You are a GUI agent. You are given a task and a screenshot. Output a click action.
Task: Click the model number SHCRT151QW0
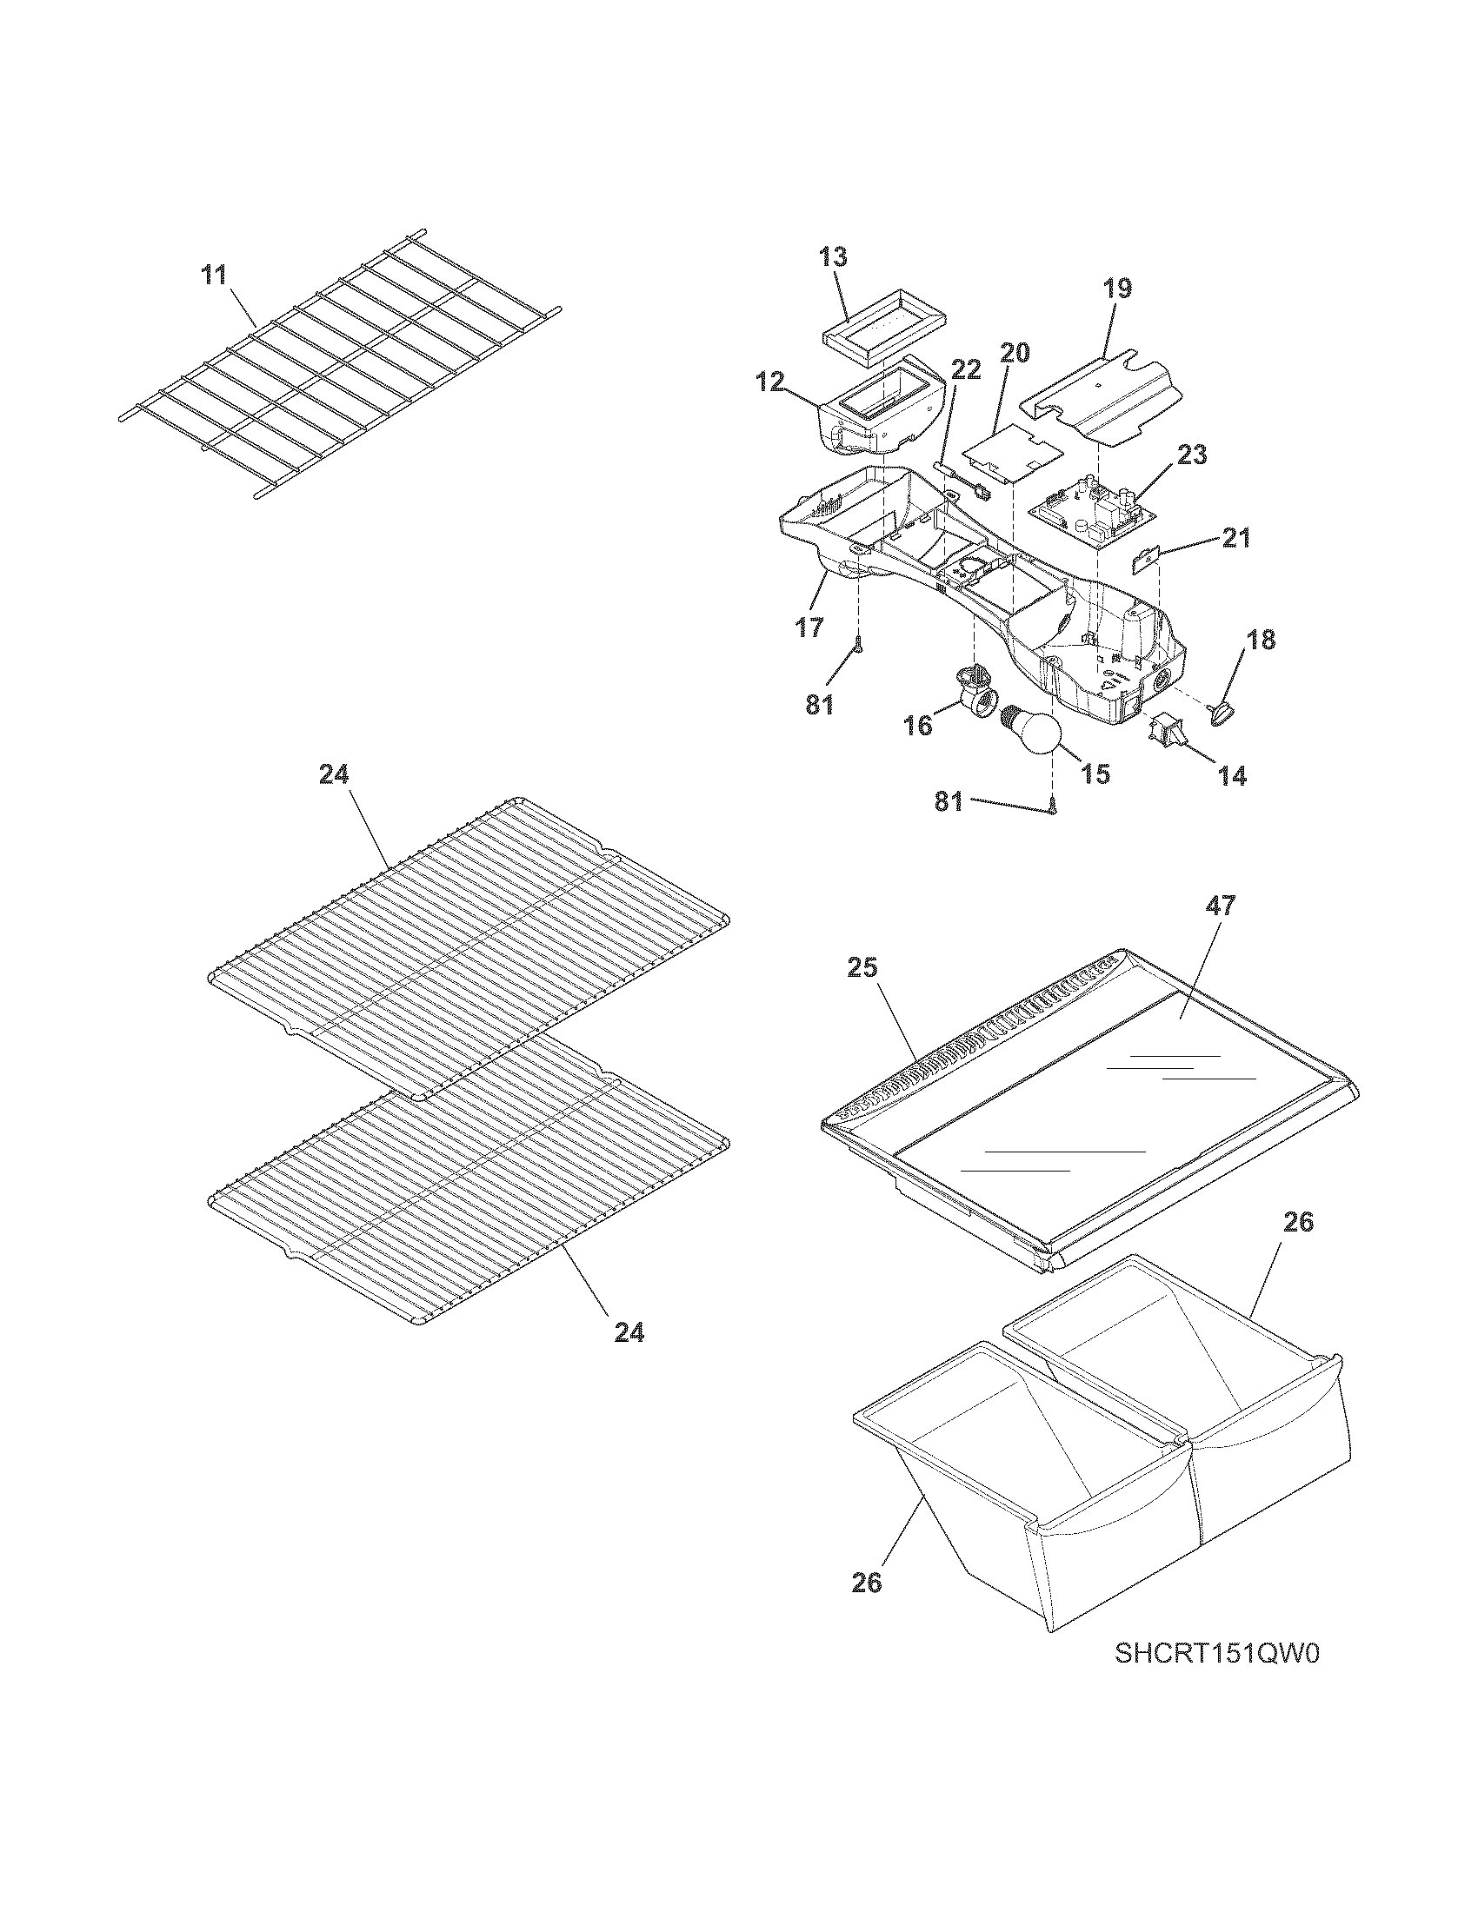1216,1654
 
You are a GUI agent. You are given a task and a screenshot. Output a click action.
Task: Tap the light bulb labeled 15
1036,734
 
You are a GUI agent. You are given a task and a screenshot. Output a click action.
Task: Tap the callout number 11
214,275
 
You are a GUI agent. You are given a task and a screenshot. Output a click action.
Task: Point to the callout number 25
862,967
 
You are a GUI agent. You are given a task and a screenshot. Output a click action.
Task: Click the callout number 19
1117,288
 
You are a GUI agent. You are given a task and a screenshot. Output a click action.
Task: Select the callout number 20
1015,353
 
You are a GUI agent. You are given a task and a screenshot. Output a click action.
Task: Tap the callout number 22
966,369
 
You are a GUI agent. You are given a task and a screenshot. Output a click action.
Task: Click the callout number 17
810,627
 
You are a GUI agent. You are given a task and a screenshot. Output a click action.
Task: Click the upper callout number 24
333,774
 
